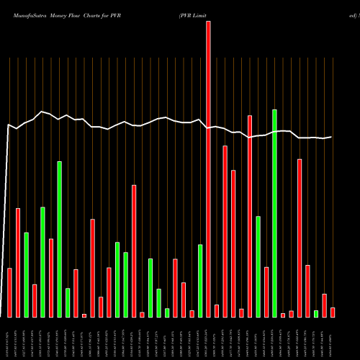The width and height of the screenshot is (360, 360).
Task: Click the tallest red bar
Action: click(208, 169)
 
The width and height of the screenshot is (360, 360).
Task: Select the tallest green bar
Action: click(274, 213)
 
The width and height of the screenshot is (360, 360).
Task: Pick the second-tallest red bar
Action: click(250, 216)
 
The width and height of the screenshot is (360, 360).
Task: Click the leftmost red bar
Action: click(10, 292)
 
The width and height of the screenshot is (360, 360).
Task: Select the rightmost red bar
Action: click(333, 312)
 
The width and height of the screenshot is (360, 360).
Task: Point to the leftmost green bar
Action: click(27, 274)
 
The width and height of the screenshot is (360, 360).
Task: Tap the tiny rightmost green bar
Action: click(316, 313)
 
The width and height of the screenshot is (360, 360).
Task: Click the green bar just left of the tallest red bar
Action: click(200, 281)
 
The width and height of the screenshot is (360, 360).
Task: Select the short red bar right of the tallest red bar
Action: click(217, 310)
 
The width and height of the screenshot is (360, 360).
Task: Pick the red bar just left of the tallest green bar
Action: click(266, 292)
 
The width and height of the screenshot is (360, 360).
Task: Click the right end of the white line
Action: click(332, 137)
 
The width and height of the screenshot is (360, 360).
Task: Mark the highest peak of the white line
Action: click(43, 112)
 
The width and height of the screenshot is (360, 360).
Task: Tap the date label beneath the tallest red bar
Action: click(208, 338)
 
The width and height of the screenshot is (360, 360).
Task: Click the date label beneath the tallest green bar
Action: click(274, 338)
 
